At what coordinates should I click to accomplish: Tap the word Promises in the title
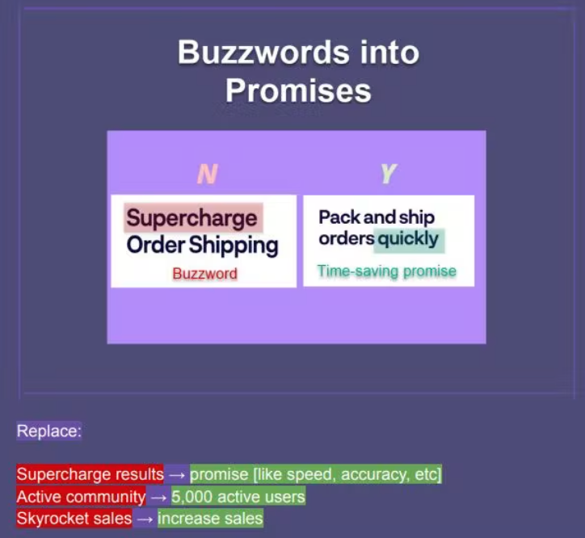coord(298,90)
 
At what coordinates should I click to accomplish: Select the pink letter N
coord(207,174)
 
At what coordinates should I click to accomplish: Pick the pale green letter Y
coord(389,174)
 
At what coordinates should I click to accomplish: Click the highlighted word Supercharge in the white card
coord(191,218)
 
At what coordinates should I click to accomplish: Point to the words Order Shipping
coord(202,246)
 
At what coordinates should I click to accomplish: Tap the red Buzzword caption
coord(204,274)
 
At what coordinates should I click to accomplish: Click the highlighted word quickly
coord(408,239)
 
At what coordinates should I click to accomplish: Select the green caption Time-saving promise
coord(386,271)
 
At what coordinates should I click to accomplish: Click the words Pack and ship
coord(377,217)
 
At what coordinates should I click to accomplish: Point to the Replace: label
coord(48,431)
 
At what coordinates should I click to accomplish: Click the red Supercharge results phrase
coord(90,474)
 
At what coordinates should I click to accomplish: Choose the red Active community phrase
coord(81,497)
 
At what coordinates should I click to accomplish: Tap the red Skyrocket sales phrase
coord(74,519)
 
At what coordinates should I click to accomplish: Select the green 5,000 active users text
coord(238,497)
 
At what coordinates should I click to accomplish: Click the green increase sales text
coord(210,519)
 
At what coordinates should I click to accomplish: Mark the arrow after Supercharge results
coord(177,475)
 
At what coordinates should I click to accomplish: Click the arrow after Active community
coord(158,498)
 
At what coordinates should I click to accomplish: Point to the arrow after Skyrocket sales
coord(145,519)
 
